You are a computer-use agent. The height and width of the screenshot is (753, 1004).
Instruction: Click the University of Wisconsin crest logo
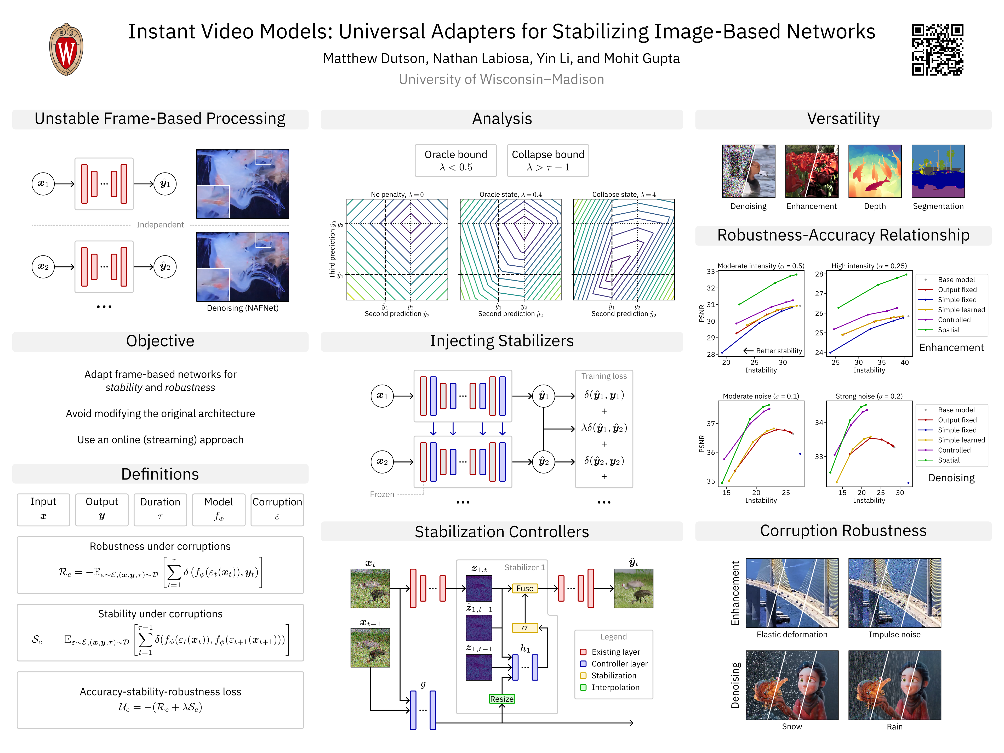[66, 49]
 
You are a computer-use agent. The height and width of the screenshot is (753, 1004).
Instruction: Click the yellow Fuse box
[525, 588]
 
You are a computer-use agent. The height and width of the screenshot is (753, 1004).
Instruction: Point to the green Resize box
[501, 699]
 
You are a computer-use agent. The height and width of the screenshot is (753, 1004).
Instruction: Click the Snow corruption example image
[792, 685]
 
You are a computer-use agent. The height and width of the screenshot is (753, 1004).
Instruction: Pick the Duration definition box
[160, 509]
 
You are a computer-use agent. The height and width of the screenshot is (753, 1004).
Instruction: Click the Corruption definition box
[277, 509]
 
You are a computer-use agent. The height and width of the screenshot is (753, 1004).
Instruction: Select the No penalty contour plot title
[397, 194]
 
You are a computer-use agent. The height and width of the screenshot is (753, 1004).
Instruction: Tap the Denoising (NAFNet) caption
[242, 308]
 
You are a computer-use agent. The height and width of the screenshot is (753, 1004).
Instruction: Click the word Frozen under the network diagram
[382, 494]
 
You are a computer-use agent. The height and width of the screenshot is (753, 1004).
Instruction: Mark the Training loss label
[604, 376]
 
